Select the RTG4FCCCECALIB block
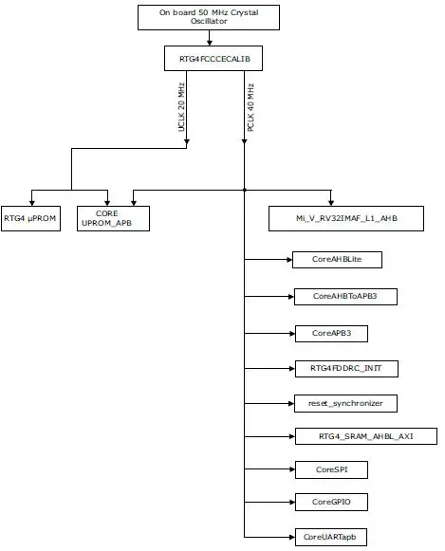point(210,59)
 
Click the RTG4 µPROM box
point(30,218)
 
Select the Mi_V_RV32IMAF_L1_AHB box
point(345,218)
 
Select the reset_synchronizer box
point(344,403)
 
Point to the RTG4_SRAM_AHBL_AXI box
point(364,436)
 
